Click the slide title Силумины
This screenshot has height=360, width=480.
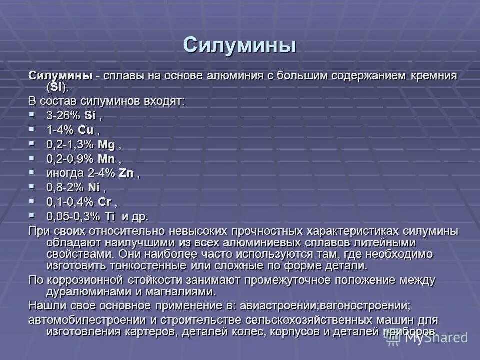239,45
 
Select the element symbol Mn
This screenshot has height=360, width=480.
107,159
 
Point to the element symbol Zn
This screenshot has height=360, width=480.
125,173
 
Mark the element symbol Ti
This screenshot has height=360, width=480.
109,217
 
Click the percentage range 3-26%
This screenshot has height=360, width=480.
64,115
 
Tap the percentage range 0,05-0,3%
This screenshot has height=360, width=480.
73,217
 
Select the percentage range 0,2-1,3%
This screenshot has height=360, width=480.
70,144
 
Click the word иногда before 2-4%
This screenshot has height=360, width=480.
64,173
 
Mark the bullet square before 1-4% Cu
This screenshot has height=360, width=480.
32,129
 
